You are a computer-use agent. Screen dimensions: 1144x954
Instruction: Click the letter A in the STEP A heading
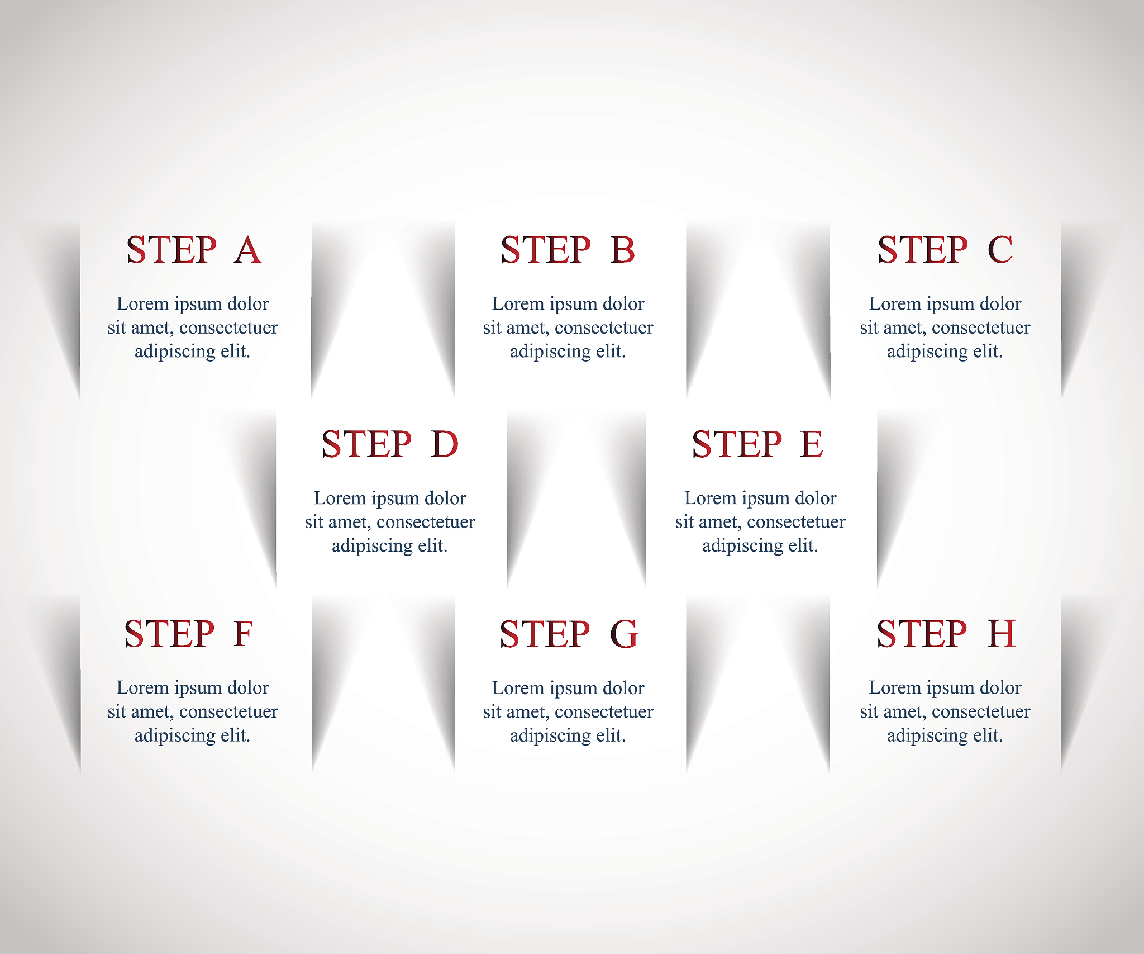pos(248,250)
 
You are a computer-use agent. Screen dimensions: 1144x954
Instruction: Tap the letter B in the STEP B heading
pos(623,250)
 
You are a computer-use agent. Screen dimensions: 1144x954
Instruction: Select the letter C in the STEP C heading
pos(1000,250)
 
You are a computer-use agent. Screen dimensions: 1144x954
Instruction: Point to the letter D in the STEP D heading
pos(445,444)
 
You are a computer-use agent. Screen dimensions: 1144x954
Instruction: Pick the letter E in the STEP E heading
pos(812,444)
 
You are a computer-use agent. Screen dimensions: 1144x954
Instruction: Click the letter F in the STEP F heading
pos(244,634)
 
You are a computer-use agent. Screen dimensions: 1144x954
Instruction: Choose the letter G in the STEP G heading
pos(624,634)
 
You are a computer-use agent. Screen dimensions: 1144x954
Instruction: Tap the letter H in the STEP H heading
pos(1002,634)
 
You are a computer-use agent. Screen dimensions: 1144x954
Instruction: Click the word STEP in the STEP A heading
pos(171,250)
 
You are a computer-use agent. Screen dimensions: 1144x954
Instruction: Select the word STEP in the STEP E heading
pos(737,444)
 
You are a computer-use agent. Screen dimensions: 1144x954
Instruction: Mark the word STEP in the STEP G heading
pos(545,634)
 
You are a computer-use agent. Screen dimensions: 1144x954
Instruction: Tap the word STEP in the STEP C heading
pos(923,250)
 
